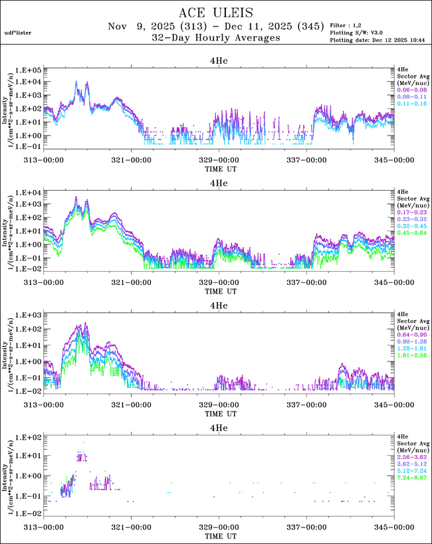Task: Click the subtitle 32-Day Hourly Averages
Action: pyautogui.click(x=216, y=38)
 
